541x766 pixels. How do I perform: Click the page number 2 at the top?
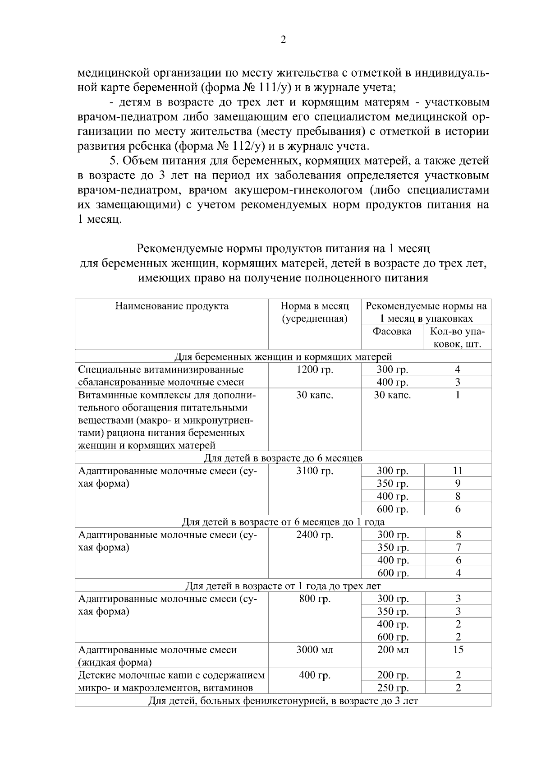[283, 40]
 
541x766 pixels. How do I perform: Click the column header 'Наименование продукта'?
[172, 306]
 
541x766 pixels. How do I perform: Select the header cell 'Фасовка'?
[392, 332]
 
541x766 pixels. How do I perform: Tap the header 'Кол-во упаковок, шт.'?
[458, 338]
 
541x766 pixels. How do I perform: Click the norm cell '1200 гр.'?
[315, 370]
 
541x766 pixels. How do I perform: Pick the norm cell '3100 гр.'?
[315, 471]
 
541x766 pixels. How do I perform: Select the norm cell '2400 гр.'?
[315, 535]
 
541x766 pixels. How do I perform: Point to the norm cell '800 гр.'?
[315, 599]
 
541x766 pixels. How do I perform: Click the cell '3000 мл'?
[315, 650]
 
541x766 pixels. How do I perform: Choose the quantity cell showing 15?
[458, 650]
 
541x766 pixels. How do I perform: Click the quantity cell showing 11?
[458, 471]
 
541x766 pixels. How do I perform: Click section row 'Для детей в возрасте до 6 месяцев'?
[283, 458]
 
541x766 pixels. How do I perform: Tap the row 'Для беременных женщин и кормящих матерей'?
[283, 357]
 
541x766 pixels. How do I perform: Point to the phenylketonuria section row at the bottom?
[283, 701]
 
